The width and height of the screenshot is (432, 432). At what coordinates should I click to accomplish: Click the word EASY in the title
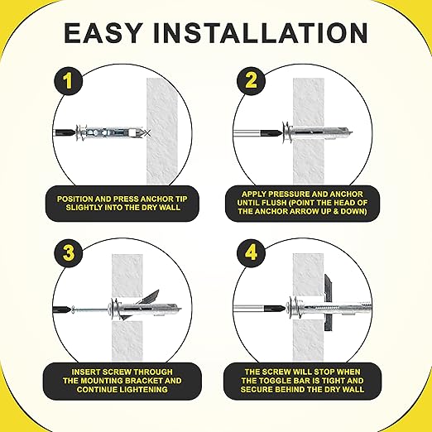coord(103,33)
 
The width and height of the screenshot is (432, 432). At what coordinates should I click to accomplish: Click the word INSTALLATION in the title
coord(261,33)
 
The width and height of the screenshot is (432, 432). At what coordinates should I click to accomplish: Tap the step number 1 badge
coord(68,81)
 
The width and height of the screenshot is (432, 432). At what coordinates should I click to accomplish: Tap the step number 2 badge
coord(251,81)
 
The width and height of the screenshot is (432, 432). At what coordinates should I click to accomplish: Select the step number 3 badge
coord(68,253)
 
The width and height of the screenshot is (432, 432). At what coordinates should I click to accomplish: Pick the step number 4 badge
coord(251,253)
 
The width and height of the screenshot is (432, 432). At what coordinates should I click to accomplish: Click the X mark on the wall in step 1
coord(148,133)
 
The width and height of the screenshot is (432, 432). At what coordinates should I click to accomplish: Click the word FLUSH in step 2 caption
coord(274,203)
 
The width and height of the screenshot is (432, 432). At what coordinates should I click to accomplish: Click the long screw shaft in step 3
coord(90,310)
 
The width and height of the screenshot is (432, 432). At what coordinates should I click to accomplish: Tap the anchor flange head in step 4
coord(293,310)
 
